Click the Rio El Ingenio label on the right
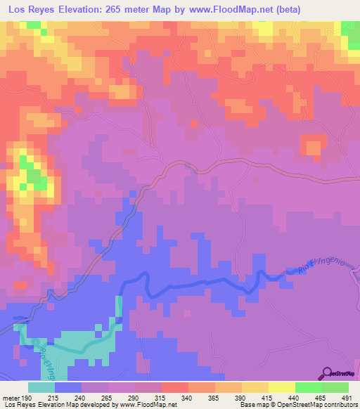[311, 266]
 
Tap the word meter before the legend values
[11, 398]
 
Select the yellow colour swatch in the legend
[281, 387]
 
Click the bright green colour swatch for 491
[335, 387]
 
